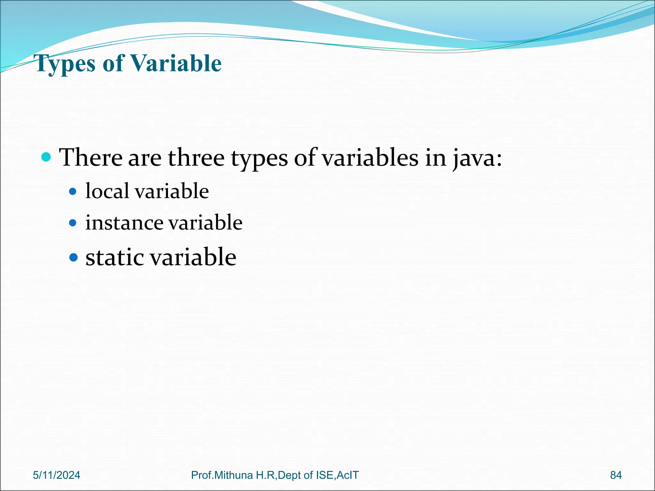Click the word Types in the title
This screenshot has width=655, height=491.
(x=66, y=64)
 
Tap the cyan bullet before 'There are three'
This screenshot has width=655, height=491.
(x=46, y=157)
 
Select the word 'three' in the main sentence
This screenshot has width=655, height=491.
(x=196, y=158)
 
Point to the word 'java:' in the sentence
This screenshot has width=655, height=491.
(x=477, y=158)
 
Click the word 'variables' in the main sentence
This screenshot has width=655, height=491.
(x=370, y=158)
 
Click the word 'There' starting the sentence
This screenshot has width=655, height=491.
(x=91, y=158)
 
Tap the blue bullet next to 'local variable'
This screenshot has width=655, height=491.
(x=73, y=191)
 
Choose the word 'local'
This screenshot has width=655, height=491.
(x=107, y=191)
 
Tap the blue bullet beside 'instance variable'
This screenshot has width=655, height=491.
(x=73, y=222)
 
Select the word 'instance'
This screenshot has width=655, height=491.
(x=124, y=222)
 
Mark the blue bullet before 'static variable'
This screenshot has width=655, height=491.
(x=74, y=257)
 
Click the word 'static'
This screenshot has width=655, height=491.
(x=114, y=257)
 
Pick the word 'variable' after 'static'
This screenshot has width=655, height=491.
(x=193, y=257)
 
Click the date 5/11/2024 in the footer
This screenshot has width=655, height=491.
(x=57, y=475)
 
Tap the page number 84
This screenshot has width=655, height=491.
(x=616, y=475)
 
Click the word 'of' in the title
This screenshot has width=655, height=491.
(x=113, y=63)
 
